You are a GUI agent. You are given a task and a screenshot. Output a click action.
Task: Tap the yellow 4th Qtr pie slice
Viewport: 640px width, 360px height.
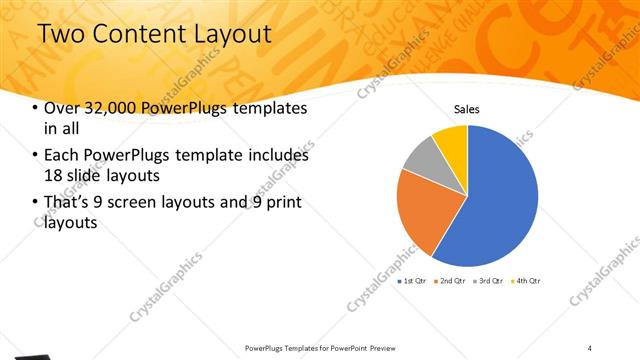pos(451,141)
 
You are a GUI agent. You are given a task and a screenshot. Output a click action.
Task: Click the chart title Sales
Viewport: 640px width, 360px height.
pos(467,108)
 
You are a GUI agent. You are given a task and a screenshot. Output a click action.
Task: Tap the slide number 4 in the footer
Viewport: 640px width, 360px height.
pos(589,347)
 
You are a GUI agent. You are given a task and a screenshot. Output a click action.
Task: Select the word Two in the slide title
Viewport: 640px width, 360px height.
pos(58,35)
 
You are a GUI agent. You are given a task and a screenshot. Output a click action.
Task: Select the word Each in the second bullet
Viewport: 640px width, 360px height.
pos(61,156)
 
